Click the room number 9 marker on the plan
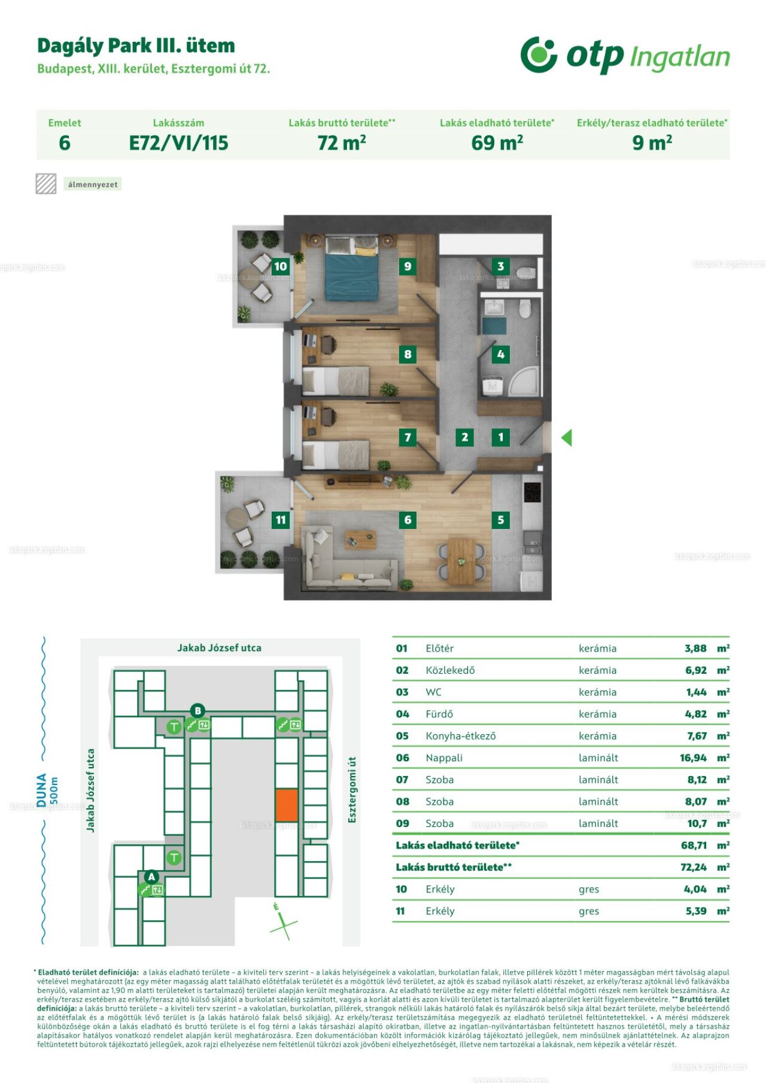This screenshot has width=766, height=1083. point(408,266)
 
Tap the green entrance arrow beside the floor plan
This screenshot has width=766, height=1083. point(566,437)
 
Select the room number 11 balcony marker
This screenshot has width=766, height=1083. point(281,520)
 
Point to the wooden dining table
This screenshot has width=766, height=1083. point(461,561)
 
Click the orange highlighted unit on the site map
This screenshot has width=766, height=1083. point(287,805)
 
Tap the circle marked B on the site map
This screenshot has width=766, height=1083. point(197,711)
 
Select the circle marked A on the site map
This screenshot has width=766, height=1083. point(151,877)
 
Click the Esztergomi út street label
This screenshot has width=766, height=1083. point(352,790)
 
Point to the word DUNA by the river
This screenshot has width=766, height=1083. point(41,790)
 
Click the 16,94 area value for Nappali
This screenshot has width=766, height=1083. point(693,758)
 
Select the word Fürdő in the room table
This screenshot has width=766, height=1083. point(439,714)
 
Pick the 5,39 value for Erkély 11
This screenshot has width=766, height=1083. point(696,911)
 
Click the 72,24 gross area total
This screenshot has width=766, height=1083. point(694,867)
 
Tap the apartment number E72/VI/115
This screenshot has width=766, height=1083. point(179,143)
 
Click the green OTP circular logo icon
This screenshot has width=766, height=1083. point(539,54)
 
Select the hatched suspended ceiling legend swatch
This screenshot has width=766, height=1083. point(46,184)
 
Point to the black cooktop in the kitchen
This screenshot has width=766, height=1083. point(532,492)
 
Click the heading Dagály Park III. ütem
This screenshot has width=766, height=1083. point(136,46)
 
